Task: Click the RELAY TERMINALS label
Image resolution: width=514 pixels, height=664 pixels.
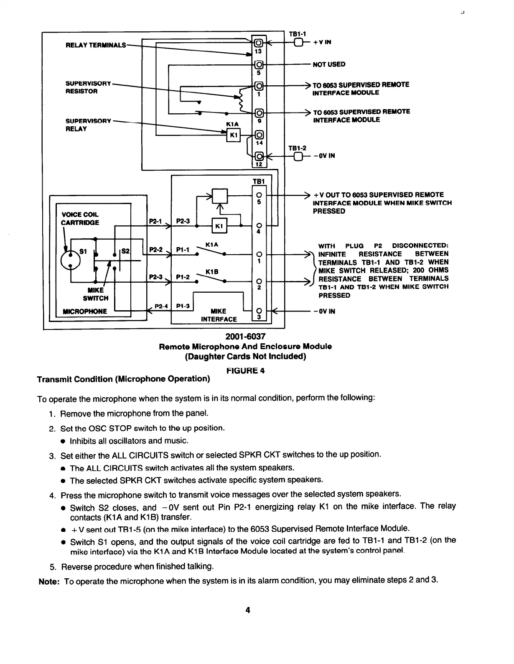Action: click(x=96, y=45)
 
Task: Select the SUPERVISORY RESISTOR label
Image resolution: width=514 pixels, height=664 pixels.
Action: click(x=88, y=87)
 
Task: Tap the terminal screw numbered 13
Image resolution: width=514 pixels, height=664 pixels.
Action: click(x=258, y=43)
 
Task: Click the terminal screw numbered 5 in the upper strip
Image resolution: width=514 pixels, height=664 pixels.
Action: click(x=258, y=64)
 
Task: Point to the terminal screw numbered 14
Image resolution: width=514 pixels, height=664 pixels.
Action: click(x=259, y=135)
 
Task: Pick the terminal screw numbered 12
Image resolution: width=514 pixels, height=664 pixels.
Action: click(x=259, y=156)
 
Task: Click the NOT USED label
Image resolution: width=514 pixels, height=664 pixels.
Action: click(x=329, y=64)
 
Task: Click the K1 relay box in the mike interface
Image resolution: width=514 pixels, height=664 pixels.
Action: click(x=220, y=226)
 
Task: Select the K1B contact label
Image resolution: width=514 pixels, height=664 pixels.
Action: click(x=213, y=271)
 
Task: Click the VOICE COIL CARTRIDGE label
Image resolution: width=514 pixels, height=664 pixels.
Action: click(x=80, y=218)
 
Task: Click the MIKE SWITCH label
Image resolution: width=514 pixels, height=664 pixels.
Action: click(x=96, y=294)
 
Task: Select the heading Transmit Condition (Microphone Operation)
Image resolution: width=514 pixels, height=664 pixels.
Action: click(x=123, y=379)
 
